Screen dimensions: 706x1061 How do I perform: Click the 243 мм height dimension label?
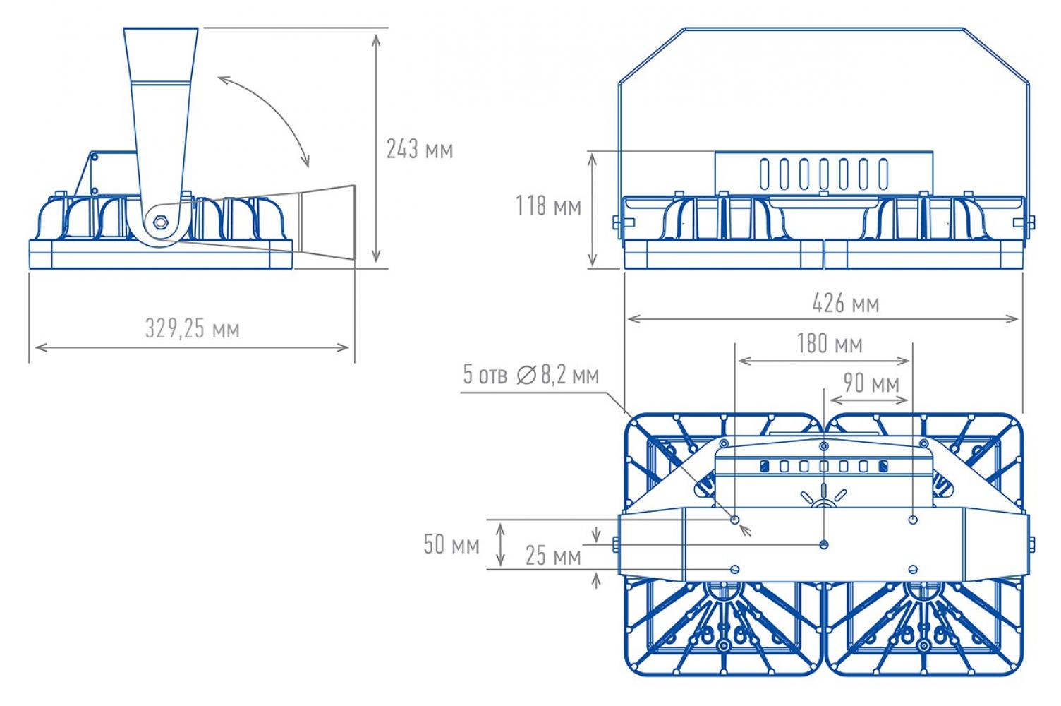click(x=419, y=150)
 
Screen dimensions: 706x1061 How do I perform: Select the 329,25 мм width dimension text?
click(x=192, y=329)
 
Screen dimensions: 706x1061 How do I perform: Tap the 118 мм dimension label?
click(x=548, y=206)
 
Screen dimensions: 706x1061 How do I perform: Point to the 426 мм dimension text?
click(x=845, y=304)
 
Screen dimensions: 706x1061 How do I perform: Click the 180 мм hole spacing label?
click(x=829, y=344)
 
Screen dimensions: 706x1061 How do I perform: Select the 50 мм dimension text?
click(x=451, y=544)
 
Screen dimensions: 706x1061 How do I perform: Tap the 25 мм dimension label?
click(x=553, y=556)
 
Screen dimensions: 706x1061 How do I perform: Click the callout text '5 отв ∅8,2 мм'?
click(x=530, y=375)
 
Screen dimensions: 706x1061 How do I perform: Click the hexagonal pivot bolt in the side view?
click(x=161, y=222)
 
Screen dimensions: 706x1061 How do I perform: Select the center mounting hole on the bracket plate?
click(x=824, y=544)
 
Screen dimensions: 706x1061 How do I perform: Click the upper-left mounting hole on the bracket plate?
click(x=736, y=520)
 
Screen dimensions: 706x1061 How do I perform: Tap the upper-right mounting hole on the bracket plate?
click(x=913, y=520)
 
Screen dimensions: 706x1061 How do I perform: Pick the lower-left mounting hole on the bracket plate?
click(x=736, y=569)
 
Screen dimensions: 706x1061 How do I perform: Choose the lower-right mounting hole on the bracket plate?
click(x=913, y=569)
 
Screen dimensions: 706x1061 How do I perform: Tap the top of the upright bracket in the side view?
click(x=161, y=32)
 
